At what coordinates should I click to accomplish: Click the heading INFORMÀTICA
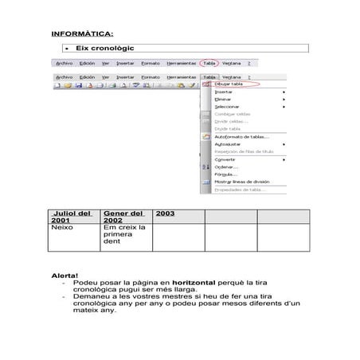coord(82,34)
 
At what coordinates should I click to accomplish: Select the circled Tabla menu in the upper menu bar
coord(209,63)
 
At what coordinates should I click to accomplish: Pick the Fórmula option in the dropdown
coord(227,174)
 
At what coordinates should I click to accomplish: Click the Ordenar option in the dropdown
coord(226,166)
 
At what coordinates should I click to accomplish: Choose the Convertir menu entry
coord(225,158)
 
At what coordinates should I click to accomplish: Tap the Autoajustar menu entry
coord(228,144)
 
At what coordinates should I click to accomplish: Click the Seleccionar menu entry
coord(229,106)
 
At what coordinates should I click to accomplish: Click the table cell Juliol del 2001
coord(72,217)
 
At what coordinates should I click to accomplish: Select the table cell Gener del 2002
coord(126,217)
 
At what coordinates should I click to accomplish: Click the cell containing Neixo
coord(62,227)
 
